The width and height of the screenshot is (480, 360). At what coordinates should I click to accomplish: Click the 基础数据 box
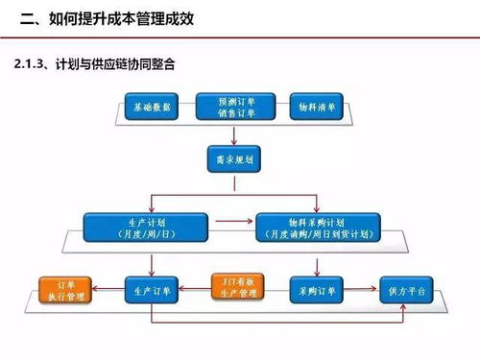(154, 107)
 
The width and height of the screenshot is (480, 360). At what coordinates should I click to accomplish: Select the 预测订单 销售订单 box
(233, 107)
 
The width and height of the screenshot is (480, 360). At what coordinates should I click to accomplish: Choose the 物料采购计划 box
(317, 228)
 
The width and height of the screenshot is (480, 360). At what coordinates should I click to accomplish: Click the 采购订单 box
(316, 287)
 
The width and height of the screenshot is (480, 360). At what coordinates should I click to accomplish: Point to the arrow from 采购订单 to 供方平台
(362, 287)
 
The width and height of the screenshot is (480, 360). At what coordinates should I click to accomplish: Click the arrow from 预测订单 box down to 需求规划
(233, 133)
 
